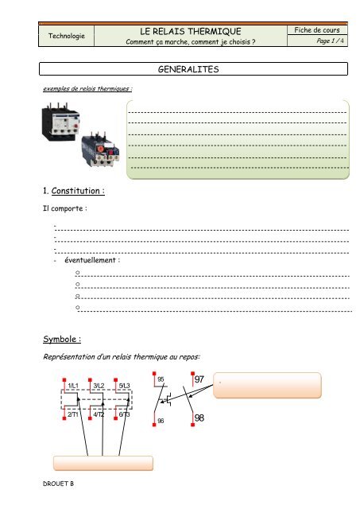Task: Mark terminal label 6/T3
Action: [x=125, y=414]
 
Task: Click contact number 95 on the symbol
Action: [x=161, y=379]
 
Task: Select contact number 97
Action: [x=199, y=380]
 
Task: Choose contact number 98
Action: [x=199, y=417]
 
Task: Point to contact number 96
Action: [x=161, y=420]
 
